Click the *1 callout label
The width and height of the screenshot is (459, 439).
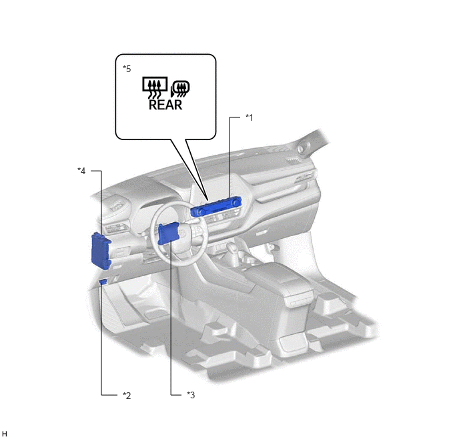click(249, 117)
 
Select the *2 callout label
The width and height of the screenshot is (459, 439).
click(127, 396)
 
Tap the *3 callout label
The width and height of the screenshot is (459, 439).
click(191, 395)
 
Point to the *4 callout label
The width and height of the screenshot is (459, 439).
click(81, 171)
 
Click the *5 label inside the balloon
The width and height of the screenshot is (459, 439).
click(127, 69)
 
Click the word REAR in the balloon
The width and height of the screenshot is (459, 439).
click(165, 105)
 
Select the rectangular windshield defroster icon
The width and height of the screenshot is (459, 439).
click(155, 87)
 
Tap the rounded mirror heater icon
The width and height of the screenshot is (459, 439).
click(180, 89)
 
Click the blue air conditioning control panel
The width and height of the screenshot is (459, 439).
click(215, 207)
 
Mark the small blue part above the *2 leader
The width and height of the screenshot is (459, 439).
click(103, 282)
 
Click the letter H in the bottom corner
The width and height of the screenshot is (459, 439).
click(5, 434)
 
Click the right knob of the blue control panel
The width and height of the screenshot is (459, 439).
click(236, 202)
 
